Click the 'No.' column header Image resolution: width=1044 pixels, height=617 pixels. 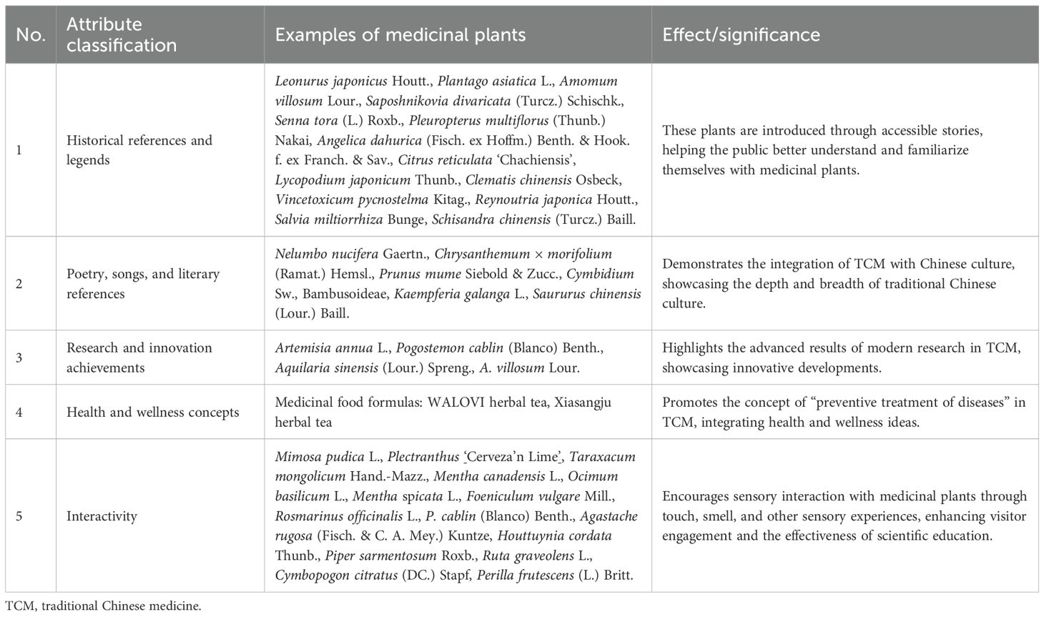click(x=30, y=34)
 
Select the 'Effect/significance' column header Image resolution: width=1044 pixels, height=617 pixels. click(x=741, y=34)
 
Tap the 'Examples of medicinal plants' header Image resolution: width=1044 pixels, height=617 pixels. click(x=400, y=34)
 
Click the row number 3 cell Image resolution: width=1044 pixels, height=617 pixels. click(x=19, y=357)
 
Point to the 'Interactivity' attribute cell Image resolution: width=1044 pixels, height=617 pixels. click(x=102, y=515)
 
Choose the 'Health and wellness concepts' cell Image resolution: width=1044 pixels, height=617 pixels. click(x=152, y=412)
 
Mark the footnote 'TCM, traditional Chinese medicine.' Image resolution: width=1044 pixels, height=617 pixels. click(x=103, y=606)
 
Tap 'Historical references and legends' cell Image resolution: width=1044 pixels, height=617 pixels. click(x=139, y=150)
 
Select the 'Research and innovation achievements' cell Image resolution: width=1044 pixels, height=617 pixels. click(x=139, y=357)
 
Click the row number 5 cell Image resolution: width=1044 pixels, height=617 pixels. click(x=19, y=515)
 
